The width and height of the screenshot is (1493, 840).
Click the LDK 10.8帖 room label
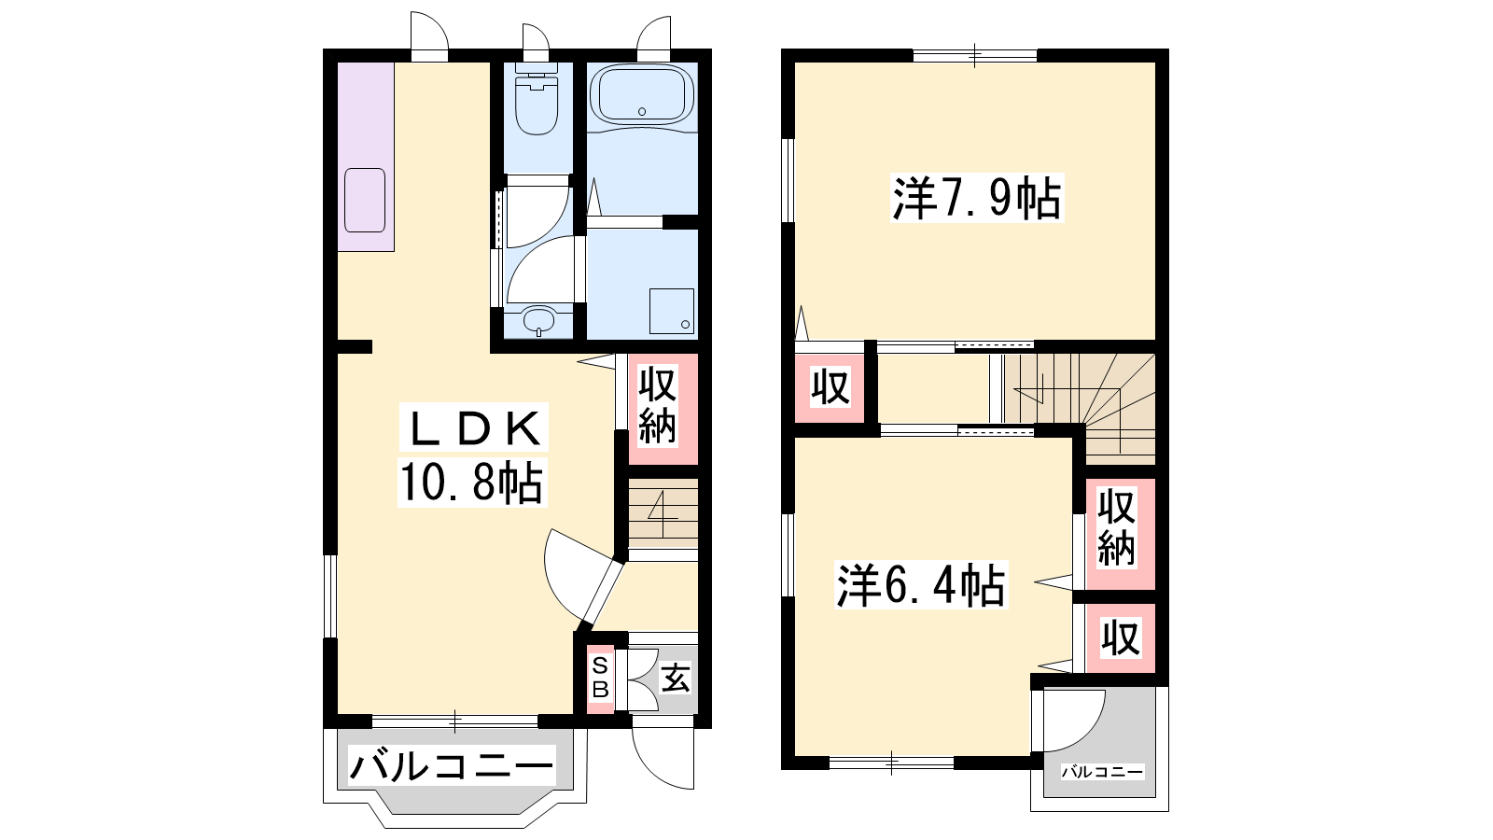[473, 455]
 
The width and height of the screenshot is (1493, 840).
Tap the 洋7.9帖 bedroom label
[977, 198]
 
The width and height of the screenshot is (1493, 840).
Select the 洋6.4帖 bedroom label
[921, 585]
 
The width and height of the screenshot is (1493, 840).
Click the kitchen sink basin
[365, 200]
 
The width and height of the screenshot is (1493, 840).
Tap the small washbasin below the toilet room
[538, 320]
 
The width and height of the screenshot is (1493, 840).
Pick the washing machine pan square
[672, 311]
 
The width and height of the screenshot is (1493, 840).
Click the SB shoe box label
[601, 678]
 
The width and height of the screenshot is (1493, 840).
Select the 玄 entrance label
[676, 679]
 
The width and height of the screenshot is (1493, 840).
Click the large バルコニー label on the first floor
[452, 766]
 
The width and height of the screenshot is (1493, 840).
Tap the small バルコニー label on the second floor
[1102, 772]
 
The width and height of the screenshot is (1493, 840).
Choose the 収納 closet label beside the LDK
[657, 405]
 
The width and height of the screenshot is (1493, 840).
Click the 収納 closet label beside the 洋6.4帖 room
[1116, 528]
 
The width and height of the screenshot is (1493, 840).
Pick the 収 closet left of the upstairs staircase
[830, 386]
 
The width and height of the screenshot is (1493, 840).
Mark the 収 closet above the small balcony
[1121, 637]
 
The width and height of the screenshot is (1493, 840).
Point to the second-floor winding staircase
[1080, 407]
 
